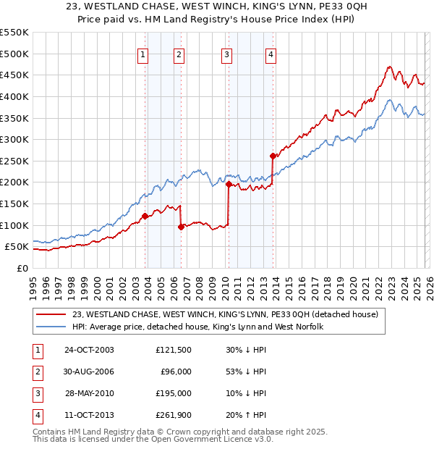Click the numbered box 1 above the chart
click(142, 54)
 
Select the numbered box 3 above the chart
click(226, 54)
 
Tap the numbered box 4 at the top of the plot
click(270, 54)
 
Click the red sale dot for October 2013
click(273, 156)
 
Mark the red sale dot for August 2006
click(181, 227)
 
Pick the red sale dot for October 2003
click(145, 216)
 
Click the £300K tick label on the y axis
click(14, 139)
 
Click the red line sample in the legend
click(52, 314)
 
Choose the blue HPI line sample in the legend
click(52, 327)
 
